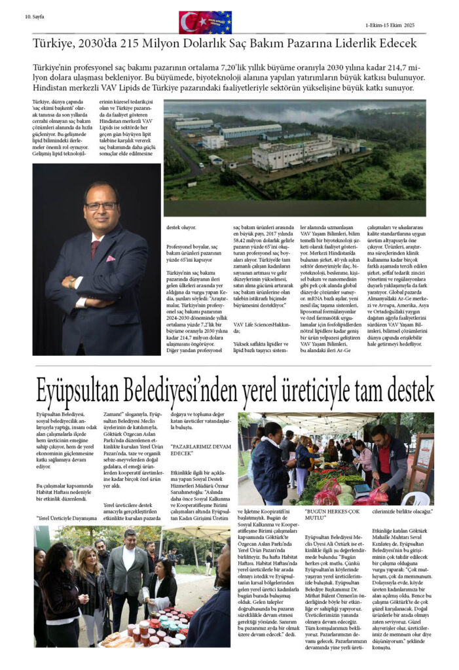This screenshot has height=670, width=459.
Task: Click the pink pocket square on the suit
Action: [x=110, y=258]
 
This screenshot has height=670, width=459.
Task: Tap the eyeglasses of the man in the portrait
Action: [x=100, y=205]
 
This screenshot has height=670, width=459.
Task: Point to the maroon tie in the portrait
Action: [x=96, y=248]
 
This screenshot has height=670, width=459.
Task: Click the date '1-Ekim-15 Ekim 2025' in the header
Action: [x=390, y=26]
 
